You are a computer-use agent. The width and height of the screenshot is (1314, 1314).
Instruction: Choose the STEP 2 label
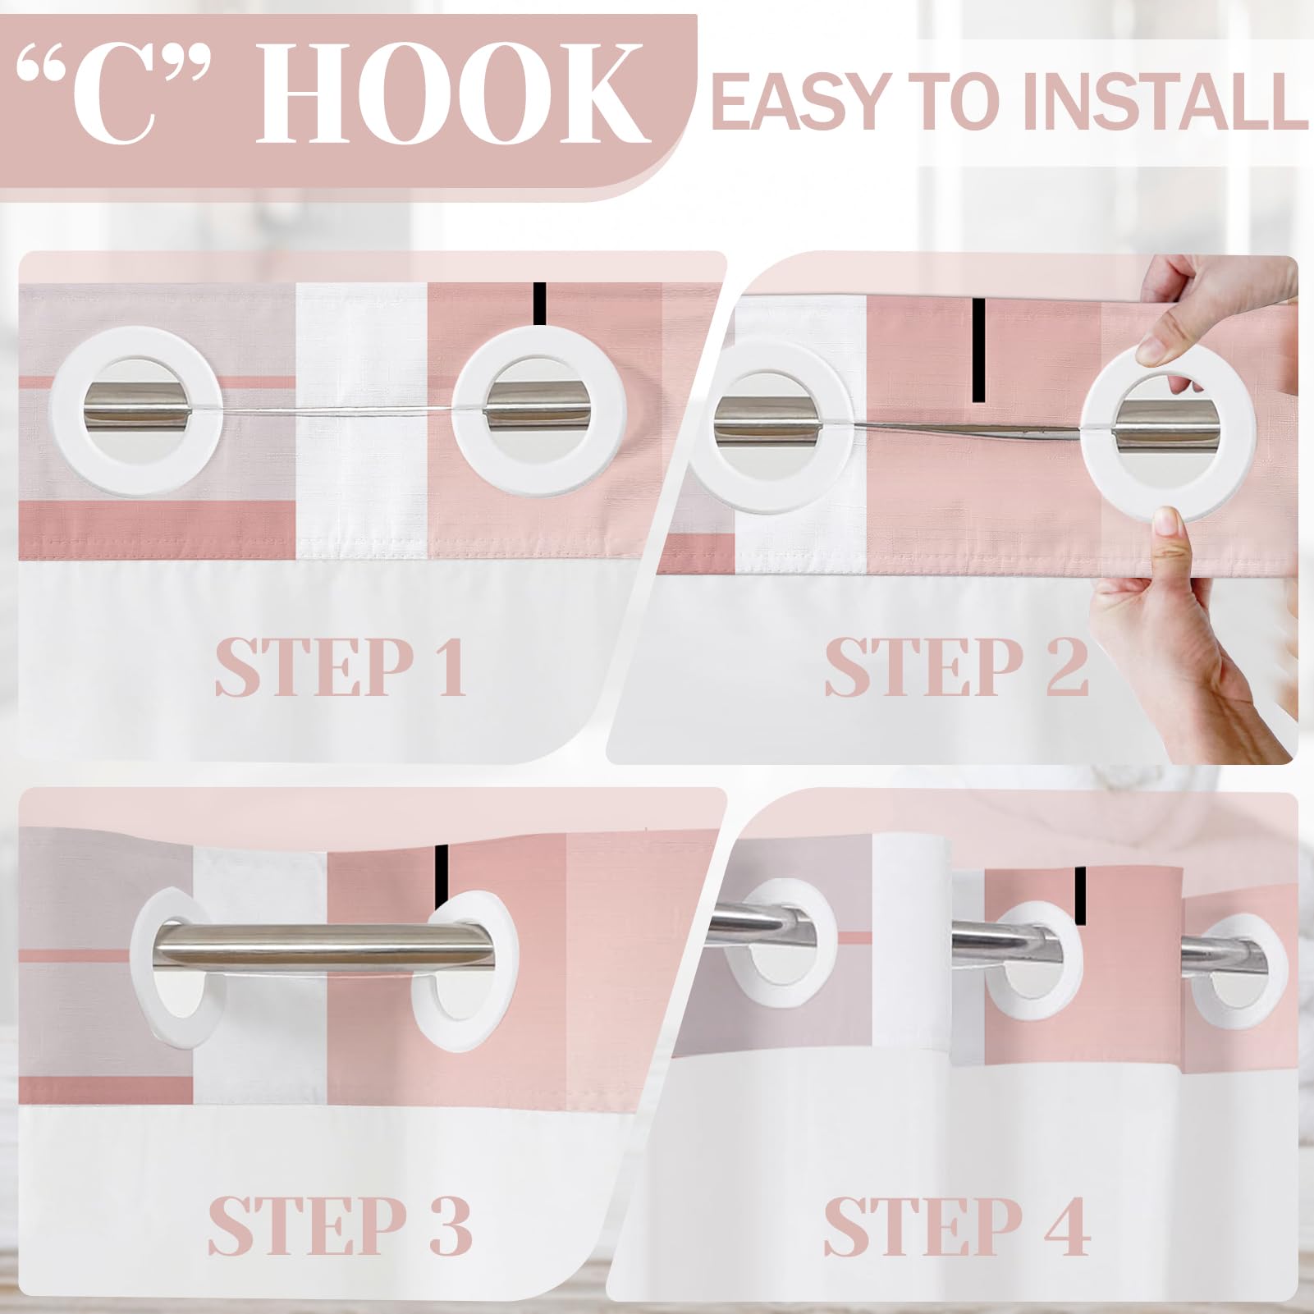point(956,666)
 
